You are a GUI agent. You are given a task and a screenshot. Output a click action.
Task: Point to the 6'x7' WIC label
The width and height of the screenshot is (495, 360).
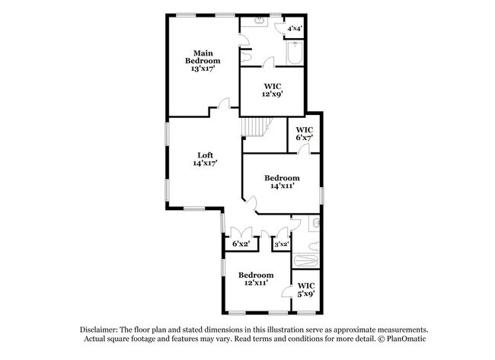(305, 133)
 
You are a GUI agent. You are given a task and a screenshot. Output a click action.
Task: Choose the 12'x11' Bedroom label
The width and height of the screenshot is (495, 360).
(255, 279)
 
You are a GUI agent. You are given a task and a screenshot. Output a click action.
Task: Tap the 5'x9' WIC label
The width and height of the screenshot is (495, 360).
(307, 289)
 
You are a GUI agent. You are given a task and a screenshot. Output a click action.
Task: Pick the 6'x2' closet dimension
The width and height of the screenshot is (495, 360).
(241, 244)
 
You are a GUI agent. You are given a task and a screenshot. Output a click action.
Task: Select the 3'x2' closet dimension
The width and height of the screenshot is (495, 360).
(281, 244)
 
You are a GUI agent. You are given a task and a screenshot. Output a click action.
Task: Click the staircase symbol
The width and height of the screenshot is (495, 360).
(257, 126)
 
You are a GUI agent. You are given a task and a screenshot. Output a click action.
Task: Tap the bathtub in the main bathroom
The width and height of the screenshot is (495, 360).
(295, 54)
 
